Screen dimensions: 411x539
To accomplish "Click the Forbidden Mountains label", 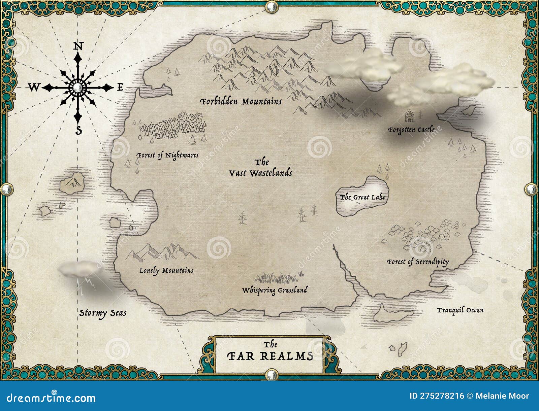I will tap(241, 101).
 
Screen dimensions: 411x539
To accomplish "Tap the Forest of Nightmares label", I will tap(167, 155).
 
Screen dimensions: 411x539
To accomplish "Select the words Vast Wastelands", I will tap(260, 173).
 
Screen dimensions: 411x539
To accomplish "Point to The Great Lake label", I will tap(362, 197).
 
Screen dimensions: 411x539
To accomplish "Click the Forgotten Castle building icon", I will tap(409, 116).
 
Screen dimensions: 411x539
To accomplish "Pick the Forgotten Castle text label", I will tap(411, 130).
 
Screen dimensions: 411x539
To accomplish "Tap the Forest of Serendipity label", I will tap(418, 262).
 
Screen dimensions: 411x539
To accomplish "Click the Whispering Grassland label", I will tap(275, 290).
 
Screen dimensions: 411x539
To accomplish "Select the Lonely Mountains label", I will tap(166, 271).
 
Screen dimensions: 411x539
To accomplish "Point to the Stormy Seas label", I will tap(103, 313).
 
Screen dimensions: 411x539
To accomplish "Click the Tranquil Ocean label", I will tap(460, 310).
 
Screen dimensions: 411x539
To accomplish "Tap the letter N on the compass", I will tap(78, 46).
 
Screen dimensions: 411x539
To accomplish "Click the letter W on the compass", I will tap(33, 88).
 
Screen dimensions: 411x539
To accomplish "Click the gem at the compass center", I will tap(78, 88).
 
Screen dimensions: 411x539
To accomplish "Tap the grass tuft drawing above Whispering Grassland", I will tap(278, 278).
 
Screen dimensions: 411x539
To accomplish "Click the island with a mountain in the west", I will tap(72, 183).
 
